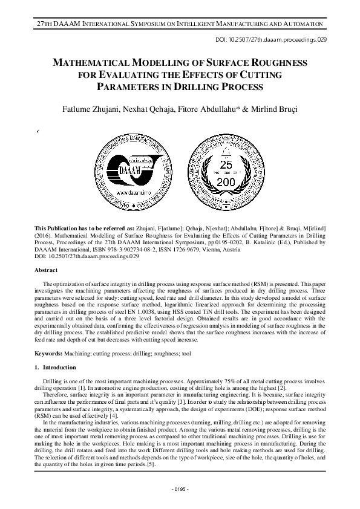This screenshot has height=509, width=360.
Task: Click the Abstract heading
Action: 45,270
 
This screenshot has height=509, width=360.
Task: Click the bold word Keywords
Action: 51,352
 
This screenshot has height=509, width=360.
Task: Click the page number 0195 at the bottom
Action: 180,488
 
